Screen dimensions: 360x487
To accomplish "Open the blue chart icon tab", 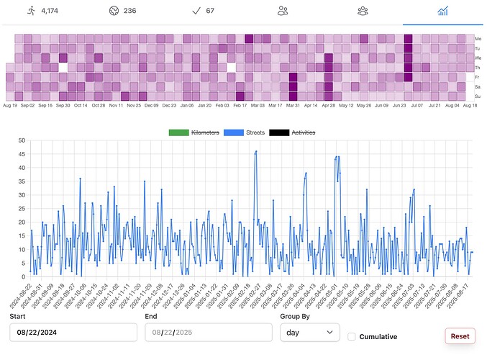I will (443, 11).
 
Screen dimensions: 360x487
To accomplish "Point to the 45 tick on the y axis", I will (23, 154).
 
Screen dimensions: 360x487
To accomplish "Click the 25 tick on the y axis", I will (23, 208).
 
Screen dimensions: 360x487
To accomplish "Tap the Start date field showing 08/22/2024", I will (73, 332).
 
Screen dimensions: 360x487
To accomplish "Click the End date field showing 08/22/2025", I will (207, 332).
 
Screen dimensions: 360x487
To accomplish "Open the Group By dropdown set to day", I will (309, 332).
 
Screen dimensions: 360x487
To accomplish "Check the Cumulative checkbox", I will (351, 336).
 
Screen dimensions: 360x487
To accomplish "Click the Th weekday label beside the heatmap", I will (478, 67).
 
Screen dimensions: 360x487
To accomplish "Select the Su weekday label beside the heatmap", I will (478, 96).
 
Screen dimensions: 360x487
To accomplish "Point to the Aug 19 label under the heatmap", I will (10, 105).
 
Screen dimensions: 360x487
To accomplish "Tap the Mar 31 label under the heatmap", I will (293, 105).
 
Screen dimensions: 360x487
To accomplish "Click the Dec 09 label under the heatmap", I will (151, 105).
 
